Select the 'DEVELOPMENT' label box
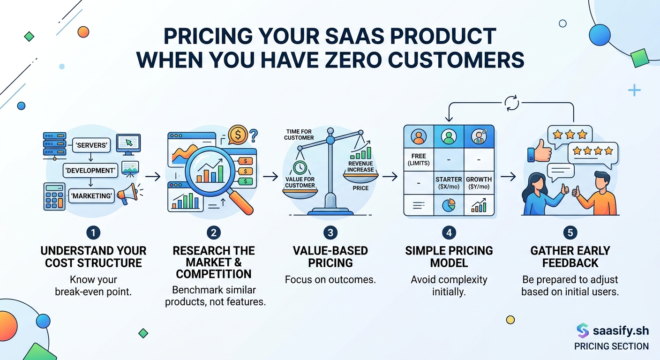pyautogui.click(x=90, y=171)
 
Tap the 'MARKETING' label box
pyautogui.click(x=92, y=196)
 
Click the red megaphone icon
pyautogui.click(x=127, y=193)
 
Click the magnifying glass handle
pyautogui.click(x=241, y=202)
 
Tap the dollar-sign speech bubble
pyautogui.click(x=239, y=135)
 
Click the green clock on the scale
pyautogui.click(x=300, y=167)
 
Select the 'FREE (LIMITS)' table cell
pyautogui.click(x=419, y=159)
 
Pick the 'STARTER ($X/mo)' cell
pyautogui.click(x=449, y=183)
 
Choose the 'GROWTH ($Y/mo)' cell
pyautogui.click(x=479, y=183)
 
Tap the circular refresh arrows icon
pyautogui.click(x=511, y=103)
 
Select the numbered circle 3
pyautogui.click(x=330, y=232)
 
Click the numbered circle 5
pyautogui.click(x=570, y=232)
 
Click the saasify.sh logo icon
pyautogui.click(x=582, y=330)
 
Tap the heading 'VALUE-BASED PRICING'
pyautogui.click(x=330, y=256)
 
